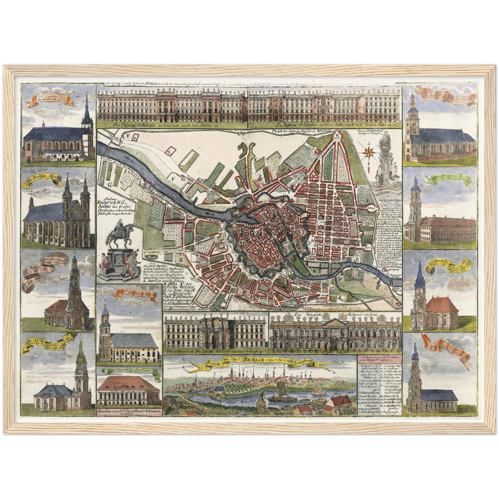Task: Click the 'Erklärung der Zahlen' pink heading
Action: [378, 358]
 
